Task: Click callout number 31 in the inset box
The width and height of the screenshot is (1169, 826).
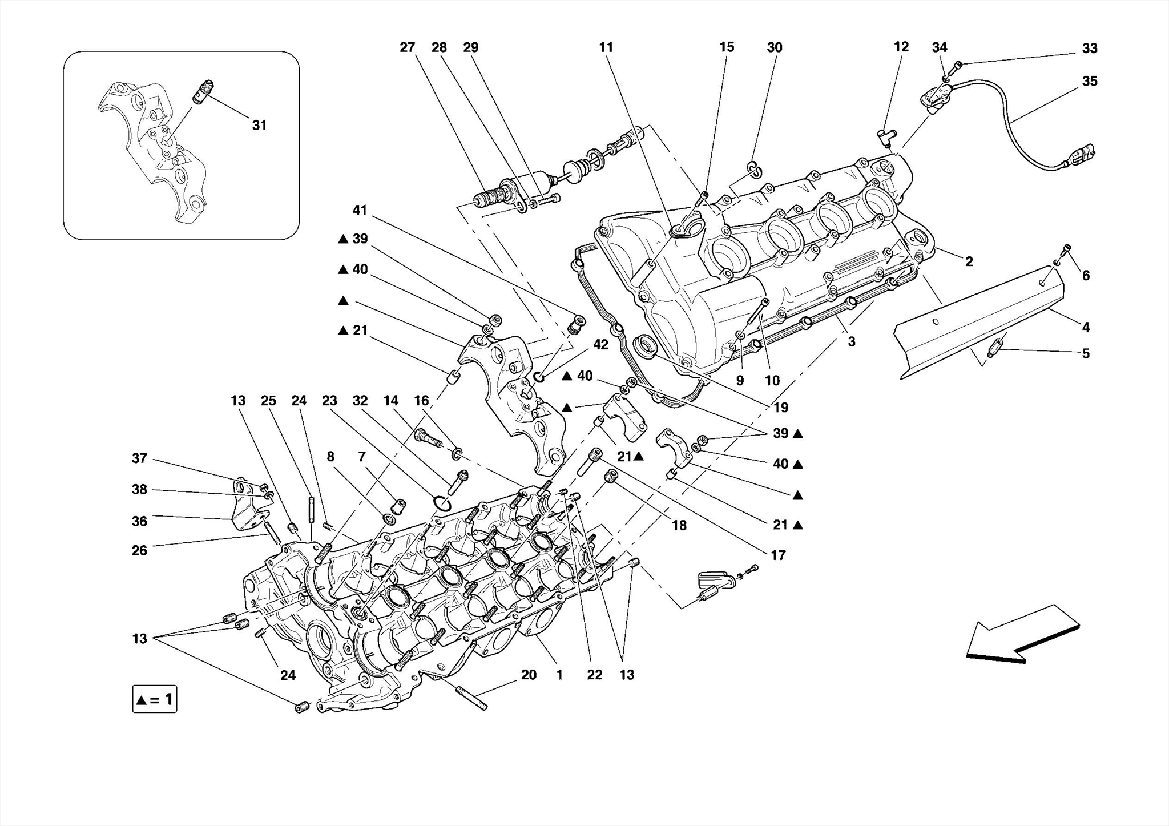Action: coord(259,125)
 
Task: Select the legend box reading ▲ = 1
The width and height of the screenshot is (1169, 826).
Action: coord(155,699)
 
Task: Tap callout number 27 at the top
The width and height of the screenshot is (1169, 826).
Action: coord(407,47)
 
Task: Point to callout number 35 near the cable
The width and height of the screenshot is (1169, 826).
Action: coord(1089,81)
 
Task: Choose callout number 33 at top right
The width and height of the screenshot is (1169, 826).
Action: coord(1089,49)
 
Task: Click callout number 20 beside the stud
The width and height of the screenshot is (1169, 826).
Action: coord(529,675)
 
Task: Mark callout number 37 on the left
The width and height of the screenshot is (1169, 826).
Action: coord(139,458)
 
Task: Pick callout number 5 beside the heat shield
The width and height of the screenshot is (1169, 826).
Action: coord(1086,353)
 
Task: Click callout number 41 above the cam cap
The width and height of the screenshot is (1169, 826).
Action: coord(360,210)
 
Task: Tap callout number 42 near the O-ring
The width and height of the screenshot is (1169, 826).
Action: coord(600,345)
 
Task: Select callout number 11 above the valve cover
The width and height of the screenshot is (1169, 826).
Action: coord(606,47)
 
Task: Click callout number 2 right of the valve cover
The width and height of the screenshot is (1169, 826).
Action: coord(969,261)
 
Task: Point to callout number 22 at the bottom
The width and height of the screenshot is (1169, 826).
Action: coord(594,675)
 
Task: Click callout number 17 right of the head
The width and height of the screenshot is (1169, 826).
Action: coord(778,555)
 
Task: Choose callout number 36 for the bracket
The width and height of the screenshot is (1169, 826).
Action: coord(139,521)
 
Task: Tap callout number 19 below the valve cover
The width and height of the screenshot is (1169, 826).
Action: coord(780,407)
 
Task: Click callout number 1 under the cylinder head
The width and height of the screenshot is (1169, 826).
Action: coord(559,675)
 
